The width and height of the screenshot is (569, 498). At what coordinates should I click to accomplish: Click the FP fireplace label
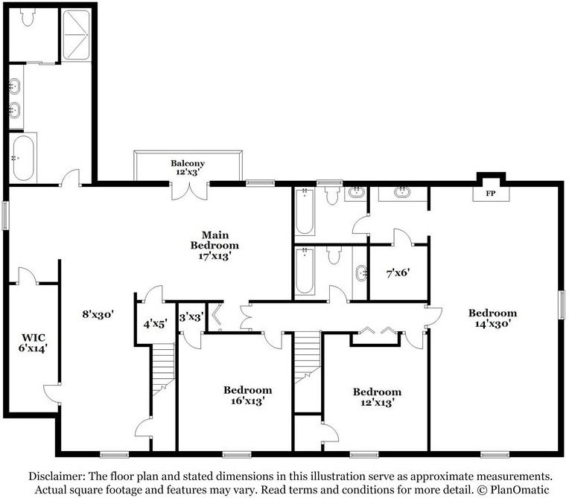[x=491, y=194]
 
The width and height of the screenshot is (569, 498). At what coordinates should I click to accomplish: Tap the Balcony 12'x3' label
[x=188, y=167]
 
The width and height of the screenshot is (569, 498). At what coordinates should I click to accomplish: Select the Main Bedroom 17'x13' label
[x=214, y=246]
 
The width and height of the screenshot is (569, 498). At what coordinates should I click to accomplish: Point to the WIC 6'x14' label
[x=33, y=342]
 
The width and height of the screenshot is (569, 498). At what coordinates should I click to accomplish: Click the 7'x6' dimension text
[x=398, y=272]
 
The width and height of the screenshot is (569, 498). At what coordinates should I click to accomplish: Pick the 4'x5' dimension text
[x=156, y=324]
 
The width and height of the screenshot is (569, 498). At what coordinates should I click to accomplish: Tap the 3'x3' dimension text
[x=191, y=317]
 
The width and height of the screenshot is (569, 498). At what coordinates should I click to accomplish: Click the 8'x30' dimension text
[x=98, y=314]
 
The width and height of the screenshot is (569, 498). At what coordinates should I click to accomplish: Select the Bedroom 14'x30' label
[x=492, y=318]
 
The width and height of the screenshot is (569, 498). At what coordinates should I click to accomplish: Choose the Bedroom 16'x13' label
[x=247, y=395]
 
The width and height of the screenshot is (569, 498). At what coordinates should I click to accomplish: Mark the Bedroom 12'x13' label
[x=377, y=398]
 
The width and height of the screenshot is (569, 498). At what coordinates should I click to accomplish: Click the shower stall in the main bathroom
[x=76, y=35]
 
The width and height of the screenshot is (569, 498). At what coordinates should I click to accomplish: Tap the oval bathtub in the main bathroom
[x=23, y=158]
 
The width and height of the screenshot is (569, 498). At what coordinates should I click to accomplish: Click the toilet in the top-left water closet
[x=28, y=17]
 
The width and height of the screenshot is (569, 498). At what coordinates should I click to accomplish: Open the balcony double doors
[x=189, y=191]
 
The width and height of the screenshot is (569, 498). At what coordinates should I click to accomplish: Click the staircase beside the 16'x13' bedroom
[x=307, y=357]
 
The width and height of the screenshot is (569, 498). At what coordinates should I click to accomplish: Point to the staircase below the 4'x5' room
[x=163, y=369]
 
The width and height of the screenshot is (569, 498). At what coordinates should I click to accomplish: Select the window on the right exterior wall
[x=562, y=304]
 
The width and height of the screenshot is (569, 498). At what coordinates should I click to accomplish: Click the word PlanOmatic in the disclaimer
[x=520, y=490]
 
